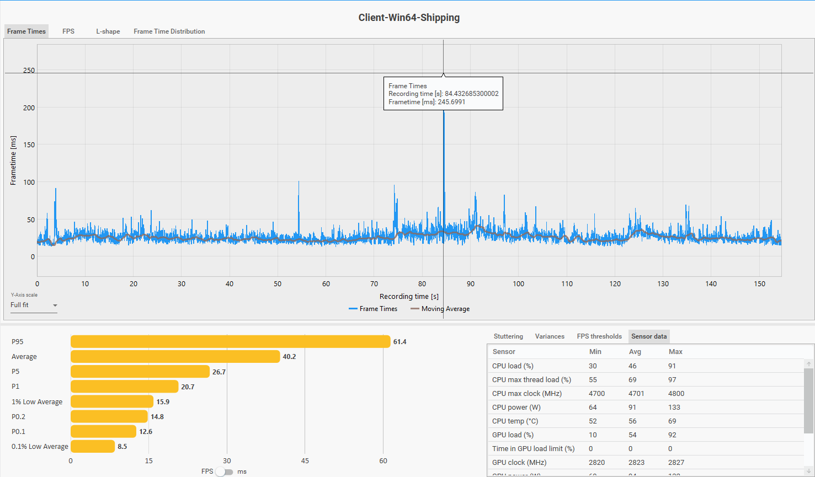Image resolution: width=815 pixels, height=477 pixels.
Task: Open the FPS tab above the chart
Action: click(x=68, y=31)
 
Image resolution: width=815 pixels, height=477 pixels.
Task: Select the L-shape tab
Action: click(x=108, y=31)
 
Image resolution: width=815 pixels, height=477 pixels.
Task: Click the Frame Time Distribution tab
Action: click(x=169, y=31)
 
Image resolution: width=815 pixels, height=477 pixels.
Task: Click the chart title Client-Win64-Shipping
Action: click(x=409, y=18)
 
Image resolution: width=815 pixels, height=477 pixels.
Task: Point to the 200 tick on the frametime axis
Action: click(x=29, y=108)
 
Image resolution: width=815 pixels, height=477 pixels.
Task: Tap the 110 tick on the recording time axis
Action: click(x=567, y=283)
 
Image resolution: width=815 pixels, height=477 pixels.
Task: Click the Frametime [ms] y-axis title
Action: click(x=13, y=160)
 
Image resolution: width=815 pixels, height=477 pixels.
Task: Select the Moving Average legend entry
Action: click(x=440, y=309)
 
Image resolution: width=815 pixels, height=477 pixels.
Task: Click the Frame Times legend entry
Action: click(x=373, y=309)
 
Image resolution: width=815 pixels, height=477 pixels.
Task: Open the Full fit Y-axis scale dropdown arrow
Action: click(x=55, y=306)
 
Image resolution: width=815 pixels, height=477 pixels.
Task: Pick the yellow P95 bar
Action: click(x=230, y=341)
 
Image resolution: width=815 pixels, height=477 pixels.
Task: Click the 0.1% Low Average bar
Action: click(x=93, y=447)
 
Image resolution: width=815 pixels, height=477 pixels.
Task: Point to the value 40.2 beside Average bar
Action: click(x=289, y=357)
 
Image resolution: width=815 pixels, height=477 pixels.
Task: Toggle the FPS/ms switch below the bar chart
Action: click(x=224, y=471)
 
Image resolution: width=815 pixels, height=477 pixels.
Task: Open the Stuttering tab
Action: click(x=508, y=336)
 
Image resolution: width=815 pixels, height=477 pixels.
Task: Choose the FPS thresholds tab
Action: click(x=599, y=336)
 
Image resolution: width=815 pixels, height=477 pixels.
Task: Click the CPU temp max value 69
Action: click(x=672, y=421)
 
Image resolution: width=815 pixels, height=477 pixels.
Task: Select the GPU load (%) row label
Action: click(x=513, y=435)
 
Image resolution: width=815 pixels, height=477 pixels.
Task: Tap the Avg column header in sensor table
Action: click(x=635, y=352)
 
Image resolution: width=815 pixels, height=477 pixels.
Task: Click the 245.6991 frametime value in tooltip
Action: click(x=451, y=102)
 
